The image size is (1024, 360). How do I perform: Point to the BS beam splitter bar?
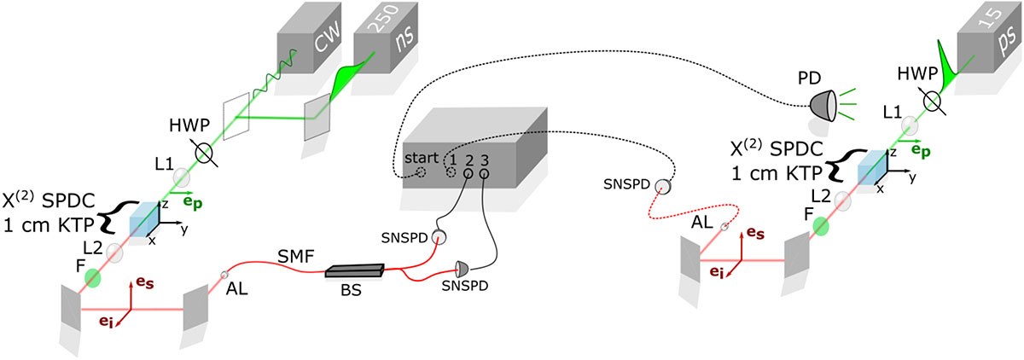click(354, 272)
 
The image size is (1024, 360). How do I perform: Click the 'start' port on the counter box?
click(420, 173)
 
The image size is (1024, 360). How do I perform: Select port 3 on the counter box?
click(484, 173)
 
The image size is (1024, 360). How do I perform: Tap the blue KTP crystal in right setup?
click(871, 167)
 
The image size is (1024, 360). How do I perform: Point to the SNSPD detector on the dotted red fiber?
click(663, 188)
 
